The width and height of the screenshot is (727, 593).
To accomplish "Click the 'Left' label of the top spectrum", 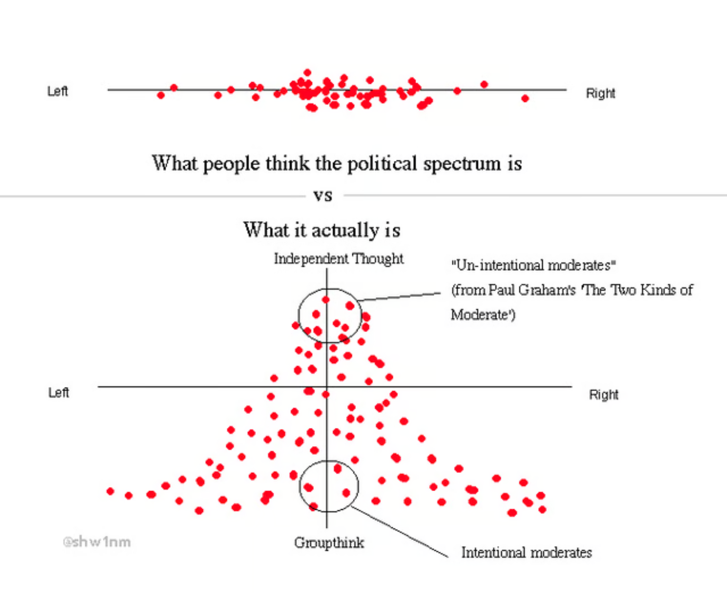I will tap(58, 91).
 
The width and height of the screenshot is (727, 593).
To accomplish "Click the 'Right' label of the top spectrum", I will tap(600, 93).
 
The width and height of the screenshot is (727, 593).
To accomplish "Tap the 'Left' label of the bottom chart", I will tap(59, 393).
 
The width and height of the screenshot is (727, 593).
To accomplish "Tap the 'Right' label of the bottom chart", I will tap(603, 395).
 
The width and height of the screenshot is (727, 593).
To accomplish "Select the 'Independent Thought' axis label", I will tap(338, 259).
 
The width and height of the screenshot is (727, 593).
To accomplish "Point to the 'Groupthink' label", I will tap(329, 543).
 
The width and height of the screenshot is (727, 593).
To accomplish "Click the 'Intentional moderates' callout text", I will tap(526, 553).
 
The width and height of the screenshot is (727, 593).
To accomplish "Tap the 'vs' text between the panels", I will tap(323, 195).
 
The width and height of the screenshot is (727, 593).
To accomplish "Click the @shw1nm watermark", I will tap(96, 542).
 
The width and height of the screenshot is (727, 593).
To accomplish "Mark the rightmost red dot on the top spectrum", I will tap(525, 98).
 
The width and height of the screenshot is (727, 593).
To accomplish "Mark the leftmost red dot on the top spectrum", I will tap(161, 95).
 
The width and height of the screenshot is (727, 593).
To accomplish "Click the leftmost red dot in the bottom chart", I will tap(111, 491).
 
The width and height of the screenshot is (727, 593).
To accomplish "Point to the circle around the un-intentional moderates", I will tap(299, 315).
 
